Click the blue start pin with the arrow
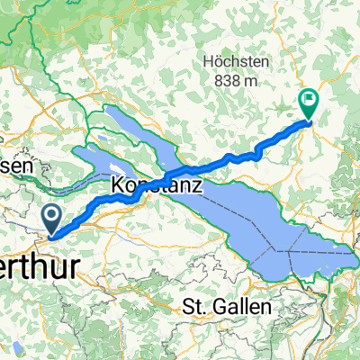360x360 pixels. tap(51, 217)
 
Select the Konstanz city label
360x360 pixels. tap(157, 187)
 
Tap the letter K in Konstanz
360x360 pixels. tap(117, 187)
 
